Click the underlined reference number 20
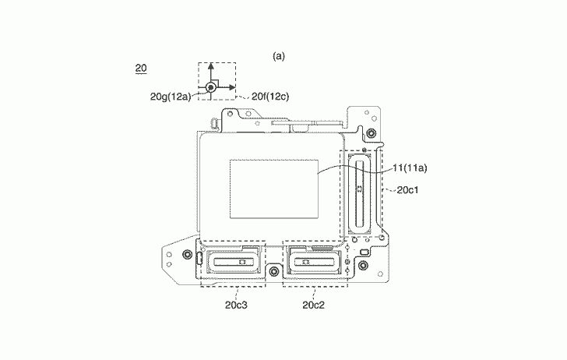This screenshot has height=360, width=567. [x=141, y=69]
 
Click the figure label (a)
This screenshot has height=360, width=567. [x=279, y=56]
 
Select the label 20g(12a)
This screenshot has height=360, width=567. [x=171, y=97]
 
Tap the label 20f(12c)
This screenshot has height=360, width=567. [x=270, y=97]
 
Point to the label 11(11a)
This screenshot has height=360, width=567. [x=410, y=168]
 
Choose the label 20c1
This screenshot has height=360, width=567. [x=407, y=190]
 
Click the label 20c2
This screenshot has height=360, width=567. [x=314, y=305]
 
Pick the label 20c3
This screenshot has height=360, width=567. [x=237, y=305]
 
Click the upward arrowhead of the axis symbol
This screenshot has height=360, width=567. [x=211, y=65]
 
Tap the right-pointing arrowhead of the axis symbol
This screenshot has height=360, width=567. [x=233, y=87]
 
